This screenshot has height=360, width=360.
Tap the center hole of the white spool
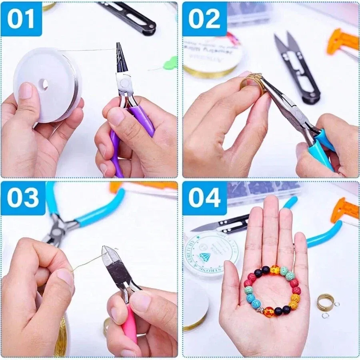tap(44, 84)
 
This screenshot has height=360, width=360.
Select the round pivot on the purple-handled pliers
tap(123, 83)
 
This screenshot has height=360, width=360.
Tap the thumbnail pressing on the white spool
tap(26, 91)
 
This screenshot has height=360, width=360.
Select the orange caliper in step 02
tap(342, 42)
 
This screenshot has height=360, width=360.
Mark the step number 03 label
tap(22, 198)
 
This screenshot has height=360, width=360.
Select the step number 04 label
tap(204, 198)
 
